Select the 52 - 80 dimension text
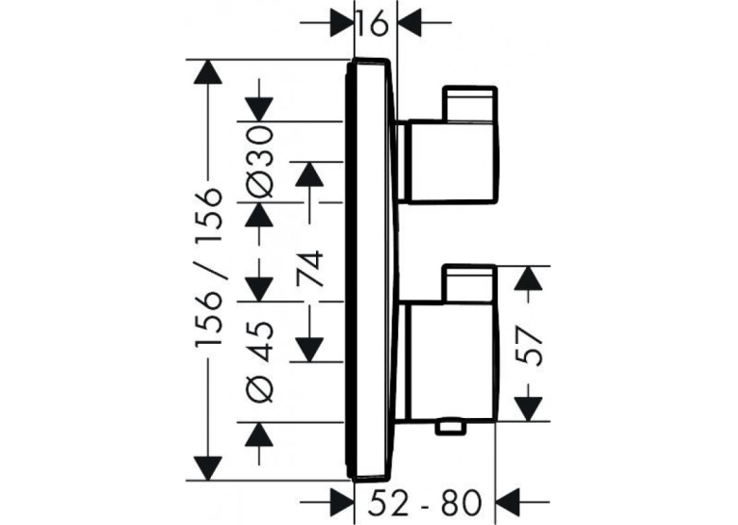425,503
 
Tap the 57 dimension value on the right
531,343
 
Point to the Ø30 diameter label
259,161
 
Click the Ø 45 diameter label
259,362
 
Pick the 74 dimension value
310,268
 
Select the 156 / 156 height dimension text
208,268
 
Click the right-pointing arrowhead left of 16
342,21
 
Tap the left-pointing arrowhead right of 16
410,21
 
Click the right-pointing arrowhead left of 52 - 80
342,503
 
